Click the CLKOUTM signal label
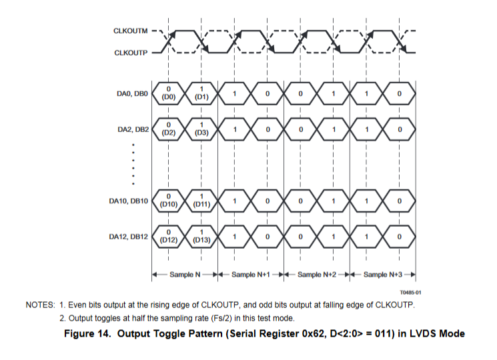[x=131, y=31]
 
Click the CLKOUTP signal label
[x=131, y=51]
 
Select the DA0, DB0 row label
[x=131, y=94]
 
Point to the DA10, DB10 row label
[x=129, y=201]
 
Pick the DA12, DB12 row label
[x=129, y=235]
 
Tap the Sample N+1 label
[x=252, y=275]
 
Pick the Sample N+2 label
[x=318, y=275]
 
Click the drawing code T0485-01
[x=410, y=292]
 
